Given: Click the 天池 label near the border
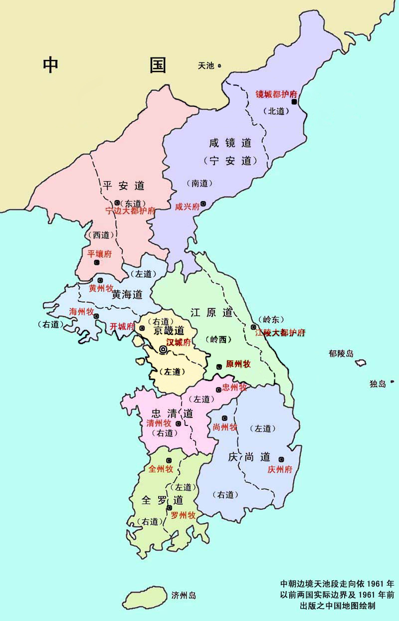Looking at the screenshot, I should [206, 65].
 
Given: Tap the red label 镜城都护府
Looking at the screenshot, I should [276, 93].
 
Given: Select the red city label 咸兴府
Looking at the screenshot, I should [187, 206].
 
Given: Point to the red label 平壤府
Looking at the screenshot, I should [100, 253].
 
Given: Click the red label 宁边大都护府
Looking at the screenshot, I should [130, 211].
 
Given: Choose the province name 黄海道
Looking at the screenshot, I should [127, 294].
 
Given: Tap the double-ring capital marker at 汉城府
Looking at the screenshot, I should [163, 350].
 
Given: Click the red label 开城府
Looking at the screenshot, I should [122, 327].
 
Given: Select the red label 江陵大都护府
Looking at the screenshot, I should [280, 333].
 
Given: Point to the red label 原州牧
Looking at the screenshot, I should [238, 364].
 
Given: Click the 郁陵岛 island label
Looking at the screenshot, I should [341, 354].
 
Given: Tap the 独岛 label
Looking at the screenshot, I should [378, 384].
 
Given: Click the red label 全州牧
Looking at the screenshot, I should [161, 469].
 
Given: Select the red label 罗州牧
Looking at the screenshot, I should [183, 515].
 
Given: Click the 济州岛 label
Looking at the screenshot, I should [184, 595].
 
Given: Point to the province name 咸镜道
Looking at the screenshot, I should [230, 143].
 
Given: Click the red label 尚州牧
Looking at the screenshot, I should [225, 427].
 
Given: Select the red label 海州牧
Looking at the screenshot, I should [81, 312].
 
